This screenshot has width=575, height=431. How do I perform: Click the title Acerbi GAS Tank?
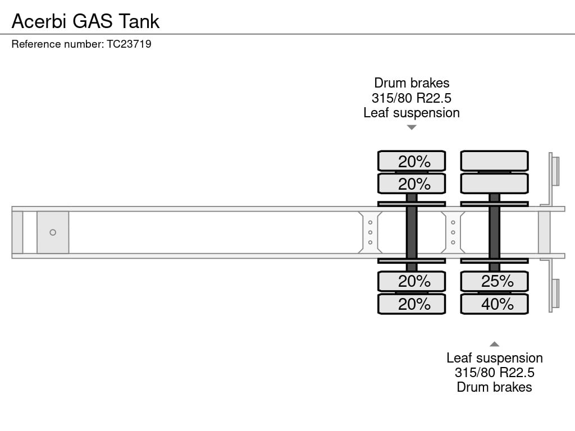(x=85, y=21)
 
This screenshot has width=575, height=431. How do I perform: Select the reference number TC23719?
(x=129, y=44)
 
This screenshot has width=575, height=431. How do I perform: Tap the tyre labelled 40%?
(x=494, y=304)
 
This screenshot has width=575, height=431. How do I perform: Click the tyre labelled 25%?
(x=494, y=282)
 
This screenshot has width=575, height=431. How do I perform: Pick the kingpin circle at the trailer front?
(x=53, y=232)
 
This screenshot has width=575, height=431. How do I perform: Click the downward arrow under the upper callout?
(x=412, y=127)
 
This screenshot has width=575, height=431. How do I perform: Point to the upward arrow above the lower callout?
(x=494, y=344)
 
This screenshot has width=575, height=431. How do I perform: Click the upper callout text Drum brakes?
(x=412, y=83)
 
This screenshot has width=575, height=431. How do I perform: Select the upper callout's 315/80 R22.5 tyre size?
(x=412, y=98)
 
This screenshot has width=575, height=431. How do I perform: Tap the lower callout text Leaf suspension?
(x=494, y=357)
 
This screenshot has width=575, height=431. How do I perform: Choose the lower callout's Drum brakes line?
(x=494, y=387)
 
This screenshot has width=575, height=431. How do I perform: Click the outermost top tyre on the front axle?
(x=412, y=161)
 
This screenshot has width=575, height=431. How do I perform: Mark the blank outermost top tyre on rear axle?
(x=494, y=161)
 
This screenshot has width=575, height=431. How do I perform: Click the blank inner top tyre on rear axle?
(x=494, y=184)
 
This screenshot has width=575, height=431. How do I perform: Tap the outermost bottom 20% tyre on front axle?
(x=412, y=304)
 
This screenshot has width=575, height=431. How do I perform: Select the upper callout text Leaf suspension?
(x=412, y=113)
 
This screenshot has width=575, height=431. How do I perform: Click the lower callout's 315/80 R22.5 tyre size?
(x=494, y=373)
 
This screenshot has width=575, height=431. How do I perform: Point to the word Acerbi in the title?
(x=39, y=21)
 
